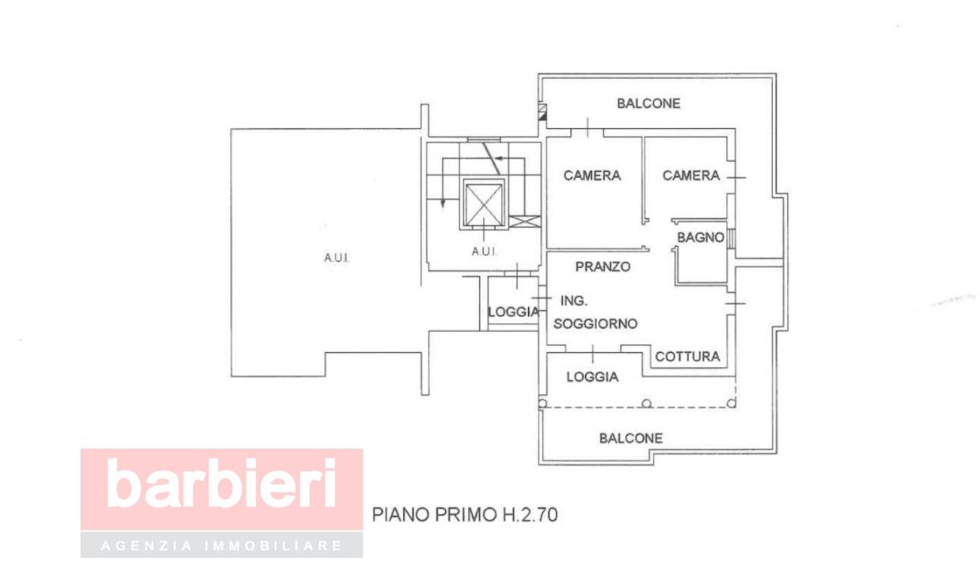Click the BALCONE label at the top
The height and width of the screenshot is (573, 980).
pos(648,103)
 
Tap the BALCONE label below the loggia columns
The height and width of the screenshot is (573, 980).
pos(631,438)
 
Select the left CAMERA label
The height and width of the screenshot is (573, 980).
pos(592,175)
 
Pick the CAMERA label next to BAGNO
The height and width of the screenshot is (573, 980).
pos(691,175)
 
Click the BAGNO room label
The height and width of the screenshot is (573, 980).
pos(700,238)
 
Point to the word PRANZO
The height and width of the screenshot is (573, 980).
pos(602,266)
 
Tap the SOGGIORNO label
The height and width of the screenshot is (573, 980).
pos(595,323)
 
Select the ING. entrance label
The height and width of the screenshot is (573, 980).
pos(573,300)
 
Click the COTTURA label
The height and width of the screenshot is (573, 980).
pos(687,356)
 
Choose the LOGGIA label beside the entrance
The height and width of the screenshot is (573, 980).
pos(514,311)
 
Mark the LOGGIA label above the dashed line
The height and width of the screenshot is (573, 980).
pos(592,376)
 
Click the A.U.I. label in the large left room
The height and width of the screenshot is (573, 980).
pos(336,258)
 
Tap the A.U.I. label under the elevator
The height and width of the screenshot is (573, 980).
pos(484,251)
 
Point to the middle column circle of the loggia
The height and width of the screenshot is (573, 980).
pos(646,403)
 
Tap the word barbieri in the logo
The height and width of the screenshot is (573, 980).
pos(221,483)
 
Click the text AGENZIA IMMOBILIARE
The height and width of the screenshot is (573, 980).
pos(221,546)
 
